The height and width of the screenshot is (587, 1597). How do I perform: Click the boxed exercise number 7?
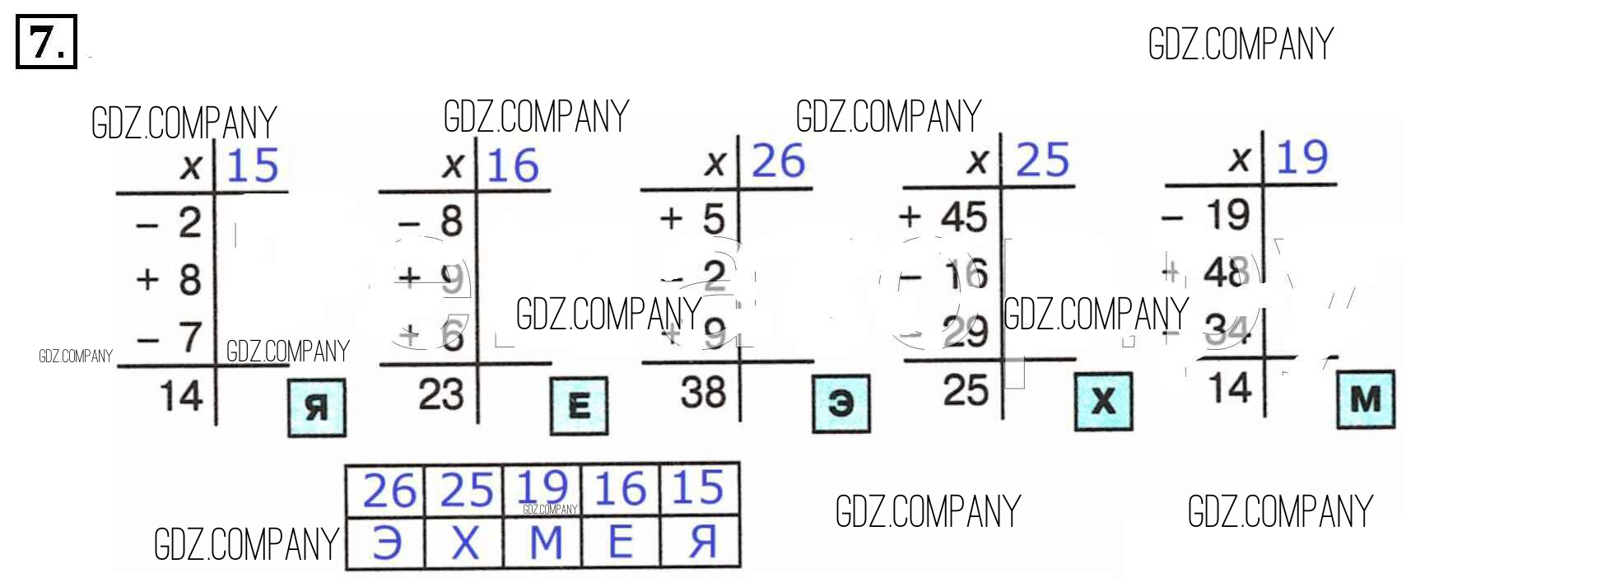[46, 41]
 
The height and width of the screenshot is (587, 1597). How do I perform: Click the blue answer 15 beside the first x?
[253, 165]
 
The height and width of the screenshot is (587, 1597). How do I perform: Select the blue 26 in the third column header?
[778, 161]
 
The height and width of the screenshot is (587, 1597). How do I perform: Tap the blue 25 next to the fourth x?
[1042, 160]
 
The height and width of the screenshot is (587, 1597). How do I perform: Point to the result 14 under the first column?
[181, 396]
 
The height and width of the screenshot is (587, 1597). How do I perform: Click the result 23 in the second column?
[441, 394]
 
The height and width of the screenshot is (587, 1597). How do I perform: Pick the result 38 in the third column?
[703, 393]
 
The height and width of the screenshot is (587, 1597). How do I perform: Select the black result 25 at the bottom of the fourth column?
[966, 390]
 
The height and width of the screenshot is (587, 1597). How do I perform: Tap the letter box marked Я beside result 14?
[317, 408]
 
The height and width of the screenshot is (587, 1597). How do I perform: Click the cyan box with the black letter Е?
[579, 405]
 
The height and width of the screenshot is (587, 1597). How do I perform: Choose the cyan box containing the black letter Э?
[840, 403]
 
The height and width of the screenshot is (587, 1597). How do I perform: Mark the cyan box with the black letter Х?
[1103, 401]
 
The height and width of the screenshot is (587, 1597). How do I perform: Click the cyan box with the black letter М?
[1366, 399]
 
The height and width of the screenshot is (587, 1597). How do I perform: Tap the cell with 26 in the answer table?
[389, 491]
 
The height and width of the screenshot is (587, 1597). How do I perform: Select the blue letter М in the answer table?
[545, 543]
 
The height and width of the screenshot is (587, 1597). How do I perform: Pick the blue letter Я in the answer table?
[701, 542]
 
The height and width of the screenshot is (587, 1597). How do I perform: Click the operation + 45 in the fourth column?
[943, 217]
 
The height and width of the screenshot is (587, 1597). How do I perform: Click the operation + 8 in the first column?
[169, 280]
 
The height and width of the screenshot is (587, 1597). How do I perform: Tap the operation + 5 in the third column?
[692, 219]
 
